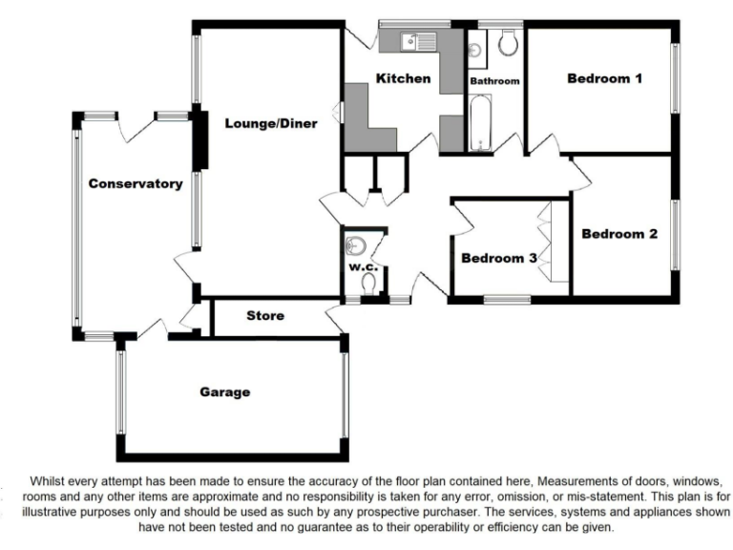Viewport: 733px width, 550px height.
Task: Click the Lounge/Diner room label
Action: pos(271,123)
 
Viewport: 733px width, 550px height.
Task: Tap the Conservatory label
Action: pos(136,183)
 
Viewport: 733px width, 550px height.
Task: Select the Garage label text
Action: pos(225,391)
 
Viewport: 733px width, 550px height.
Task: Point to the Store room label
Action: pos(265,316)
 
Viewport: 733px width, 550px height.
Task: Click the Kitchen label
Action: pos(403,78)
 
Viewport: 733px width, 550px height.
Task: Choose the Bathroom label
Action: pos(494,82)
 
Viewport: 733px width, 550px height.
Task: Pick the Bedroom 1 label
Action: pos(604,78)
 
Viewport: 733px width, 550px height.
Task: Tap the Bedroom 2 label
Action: pos(619,234)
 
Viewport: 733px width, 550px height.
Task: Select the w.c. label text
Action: pos(364,267)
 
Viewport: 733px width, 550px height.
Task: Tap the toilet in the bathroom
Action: pos(507,41)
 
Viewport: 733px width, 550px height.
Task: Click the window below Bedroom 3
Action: pos(507,299)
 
